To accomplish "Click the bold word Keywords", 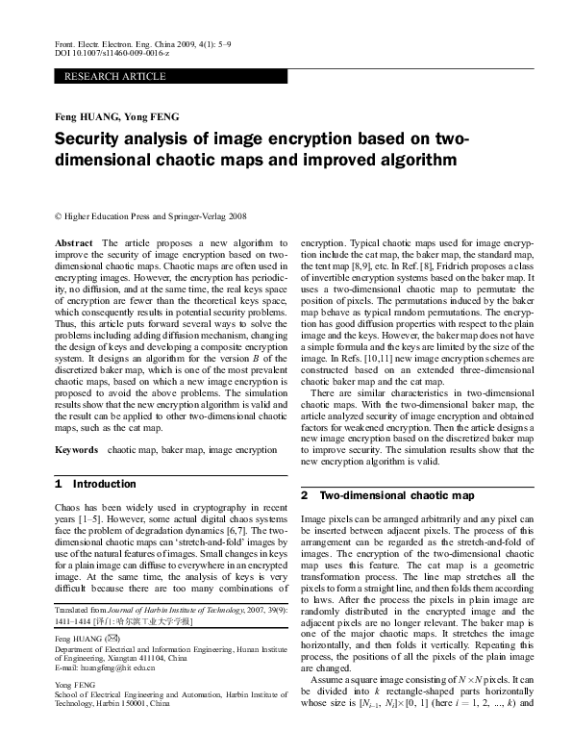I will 76,449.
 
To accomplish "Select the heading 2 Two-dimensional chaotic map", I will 387,495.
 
